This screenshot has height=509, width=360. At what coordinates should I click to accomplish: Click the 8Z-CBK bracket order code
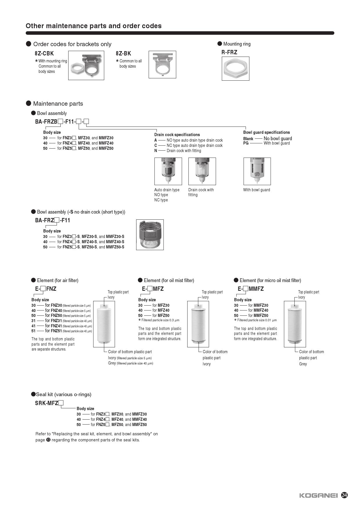click(44, 53)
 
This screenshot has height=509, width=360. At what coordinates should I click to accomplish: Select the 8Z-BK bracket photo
click(162, 64)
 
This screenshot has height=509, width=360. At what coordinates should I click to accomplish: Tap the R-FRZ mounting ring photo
click(235, 68)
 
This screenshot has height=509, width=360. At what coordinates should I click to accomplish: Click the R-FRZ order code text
click(229, 52)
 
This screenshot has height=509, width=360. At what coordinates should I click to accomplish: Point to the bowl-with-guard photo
click(257, 171)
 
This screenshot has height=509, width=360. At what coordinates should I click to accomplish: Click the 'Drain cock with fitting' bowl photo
click(202, 171)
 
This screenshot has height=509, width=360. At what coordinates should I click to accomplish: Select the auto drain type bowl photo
click(168, 171)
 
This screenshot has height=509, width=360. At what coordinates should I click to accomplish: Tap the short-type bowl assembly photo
click(150, 234)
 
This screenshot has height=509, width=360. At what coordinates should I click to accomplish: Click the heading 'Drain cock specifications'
click(177, 135)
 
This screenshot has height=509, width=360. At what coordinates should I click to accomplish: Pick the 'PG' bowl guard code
click(246, 143)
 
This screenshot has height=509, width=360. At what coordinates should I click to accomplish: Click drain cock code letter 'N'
click(156, 151)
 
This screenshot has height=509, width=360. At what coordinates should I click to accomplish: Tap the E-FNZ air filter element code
click(46, 289)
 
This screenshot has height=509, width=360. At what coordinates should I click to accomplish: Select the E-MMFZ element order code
click(251, 289)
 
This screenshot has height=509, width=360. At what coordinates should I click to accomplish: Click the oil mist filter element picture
click(198, 324)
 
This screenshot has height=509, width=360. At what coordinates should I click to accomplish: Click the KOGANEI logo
click(318, 495)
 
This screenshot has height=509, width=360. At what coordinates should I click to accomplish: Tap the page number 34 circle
click(344, 495)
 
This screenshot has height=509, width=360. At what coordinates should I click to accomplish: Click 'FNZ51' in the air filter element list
click(56, 331)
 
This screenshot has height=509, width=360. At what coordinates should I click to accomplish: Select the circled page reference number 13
click(48, 440)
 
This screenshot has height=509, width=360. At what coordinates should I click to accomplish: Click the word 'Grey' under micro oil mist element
click(303, 364)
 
